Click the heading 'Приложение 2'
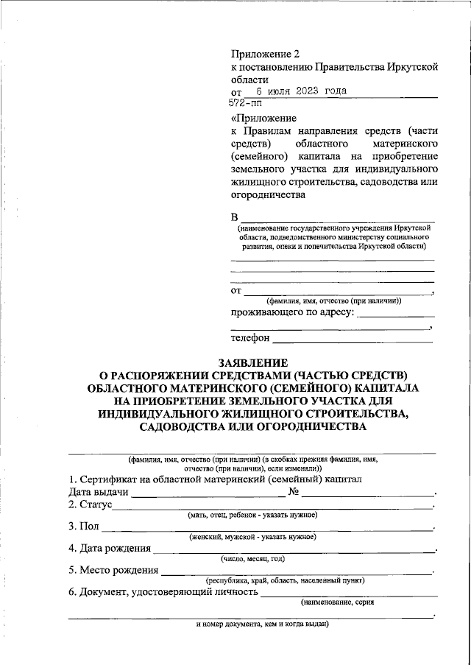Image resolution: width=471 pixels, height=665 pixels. (x=266, y=54)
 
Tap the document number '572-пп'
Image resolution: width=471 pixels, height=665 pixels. (x=247, y=105)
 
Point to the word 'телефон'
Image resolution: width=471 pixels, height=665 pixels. (x=250, y=339)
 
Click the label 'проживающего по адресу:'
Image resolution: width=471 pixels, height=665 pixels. (x=292, y=312)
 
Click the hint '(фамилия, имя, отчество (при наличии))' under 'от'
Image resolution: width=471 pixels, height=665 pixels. (x=333, y=300)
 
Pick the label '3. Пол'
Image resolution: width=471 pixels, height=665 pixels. (x=82, y=527)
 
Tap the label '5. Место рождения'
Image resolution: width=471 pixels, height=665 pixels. (x=114, y=569)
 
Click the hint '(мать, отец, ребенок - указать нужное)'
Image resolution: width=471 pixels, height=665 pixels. (x=252, y=515)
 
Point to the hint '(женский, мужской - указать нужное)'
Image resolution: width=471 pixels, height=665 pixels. (x=252, y=537)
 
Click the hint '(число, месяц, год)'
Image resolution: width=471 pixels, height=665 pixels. (x=252, y=558)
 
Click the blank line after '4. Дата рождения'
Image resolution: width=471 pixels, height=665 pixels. (x=294, y=549)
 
